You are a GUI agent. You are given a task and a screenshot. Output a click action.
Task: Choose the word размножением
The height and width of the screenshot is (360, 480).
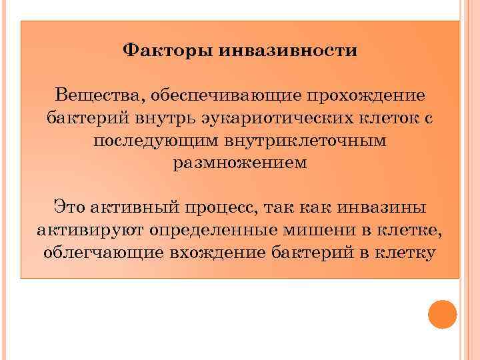point(240,163)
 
